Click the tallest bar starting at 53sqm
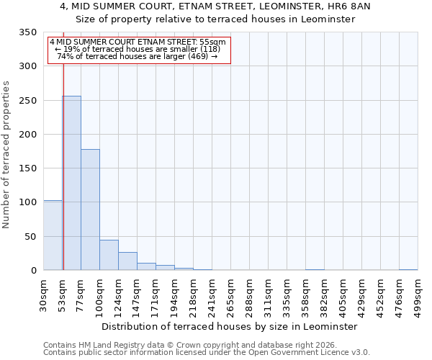[71, 183]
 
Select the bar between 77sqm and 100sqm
[90, 210]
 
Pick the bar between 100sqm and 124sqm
[109, 255]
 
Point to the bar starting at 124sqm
[127, 261]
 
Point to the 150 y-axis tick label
[27, 168]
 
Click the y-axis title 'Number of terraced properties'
[6, 155]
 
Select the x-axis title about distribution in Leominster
[230, 326]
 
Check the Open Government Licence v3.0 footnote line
[207, 352]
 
